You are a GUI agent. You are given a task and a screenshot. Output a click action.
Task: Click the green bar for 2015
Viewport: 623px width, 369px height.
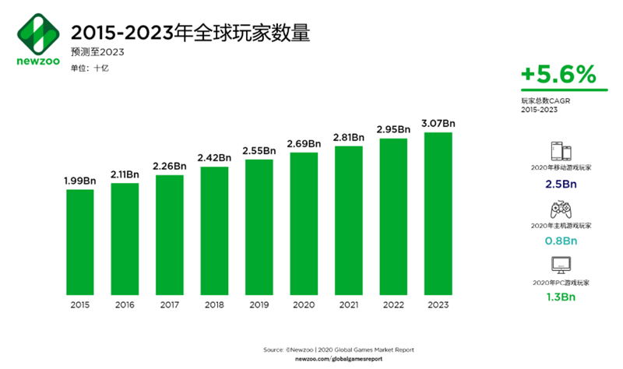79,241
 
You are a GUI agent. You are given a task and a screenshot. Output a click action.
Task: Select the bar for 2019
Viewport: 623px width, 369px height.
259,227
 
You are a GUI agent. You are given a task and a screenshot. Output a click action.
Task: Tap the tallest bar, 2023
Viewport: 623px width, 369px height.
438,213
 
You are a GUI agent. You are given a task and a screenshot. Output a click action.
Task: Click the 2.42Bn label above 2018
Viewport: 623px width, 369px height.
214,157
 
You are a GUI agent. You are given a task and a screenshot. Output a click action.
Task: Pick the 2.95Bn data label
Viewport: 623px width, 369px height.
393,129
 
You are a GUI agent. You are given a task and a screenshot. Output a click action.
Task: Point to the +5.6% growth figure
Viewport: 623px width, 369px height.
558,75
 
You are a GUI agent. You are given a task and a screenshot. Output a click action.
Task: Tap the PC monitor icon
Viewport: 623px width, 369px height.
558,265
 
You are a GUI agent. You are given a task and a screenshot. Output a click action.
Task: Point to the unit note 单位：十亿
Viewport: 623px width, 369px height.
90,69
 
